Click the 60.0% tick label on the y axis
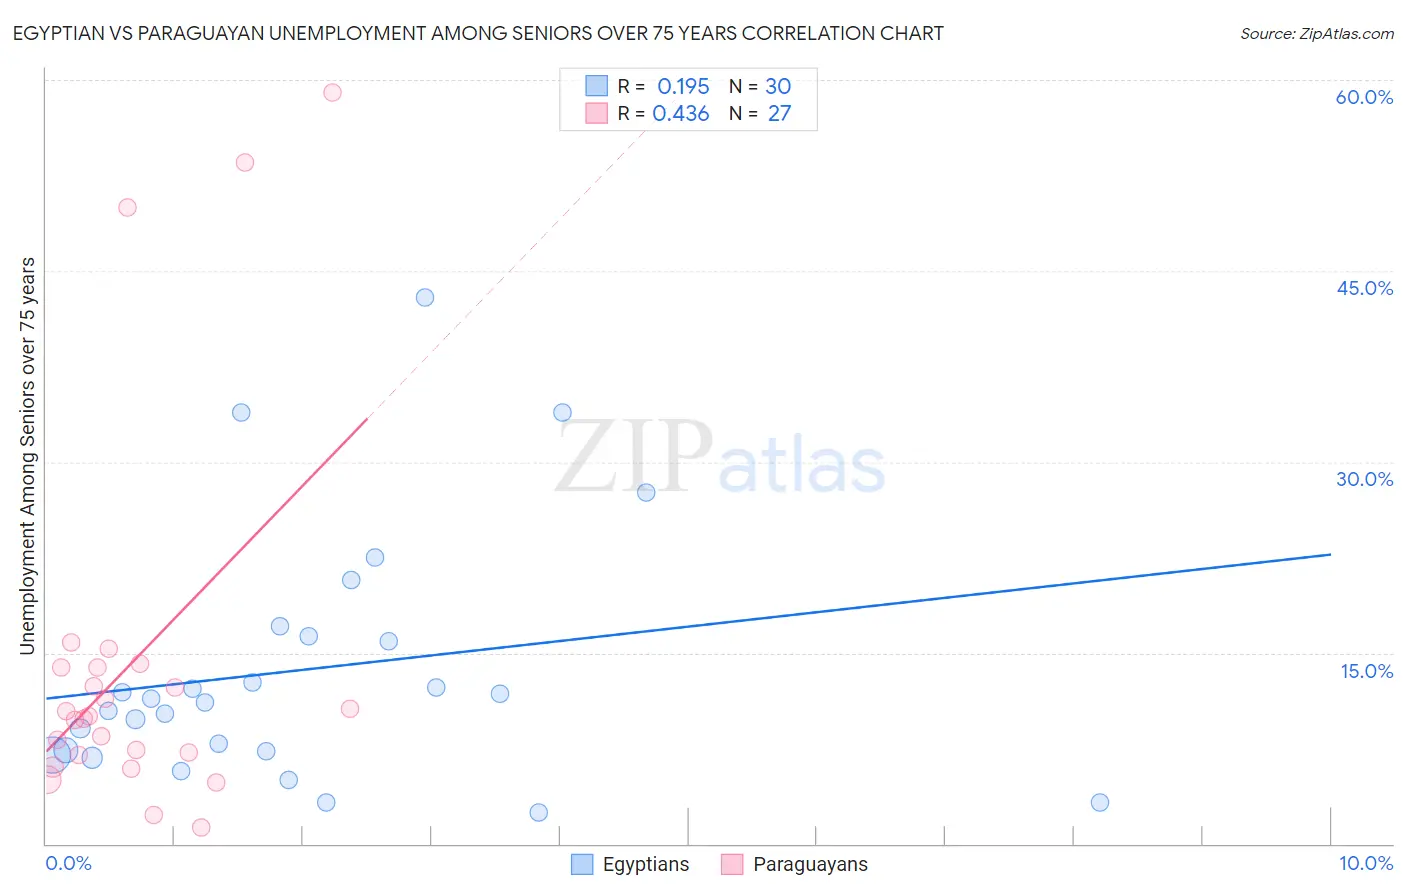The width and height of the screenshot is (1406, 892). [1364, 97]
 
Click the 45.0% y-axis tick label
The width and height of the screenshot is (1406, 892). [1364, 288]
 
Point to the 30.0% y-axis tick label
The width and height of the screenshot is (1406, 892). [1364, 479]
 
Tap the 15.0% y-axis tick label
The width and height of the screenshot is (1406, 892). [1366, 671]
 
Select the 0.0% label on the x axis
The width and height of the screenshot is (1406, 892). [68, 863]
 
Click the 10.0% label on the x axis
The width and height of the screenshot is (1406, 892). [1365, 863]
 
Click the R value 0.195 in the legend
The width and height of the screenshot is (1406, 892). [683, 86]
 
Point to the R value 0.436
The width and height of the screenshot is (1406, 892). [681, 113]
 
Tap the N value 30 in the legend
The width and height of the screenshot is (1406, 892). [778, 86]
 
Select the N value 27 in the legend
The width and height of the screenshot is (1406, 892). [779, 113]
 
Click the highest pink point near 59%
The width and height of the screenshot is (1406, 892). [332, 92]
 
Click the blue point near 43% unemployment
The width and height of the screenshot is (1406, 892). [425, 297]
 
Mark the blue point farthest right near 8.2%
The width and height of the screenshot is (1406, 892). [1100, 802]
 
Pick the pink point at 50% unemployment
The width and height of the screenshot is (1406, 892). [127, 208]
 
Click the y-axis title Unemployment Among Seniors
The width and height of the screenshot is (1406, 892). [27, 456]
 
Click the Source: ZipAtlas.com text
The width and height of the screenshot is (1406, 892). [1316, 34]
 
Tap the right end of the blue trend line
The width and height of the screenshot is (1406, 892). [1330, 554]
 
